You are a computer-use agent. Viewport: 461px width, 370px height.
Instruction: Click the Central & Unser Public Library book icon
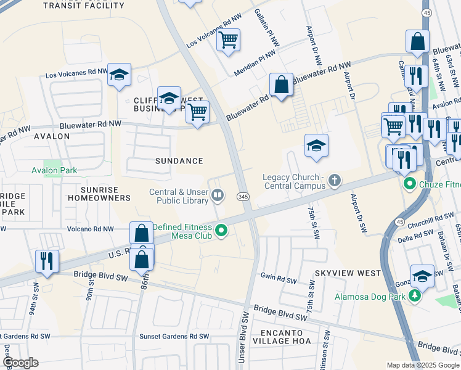click(x=217, y=196)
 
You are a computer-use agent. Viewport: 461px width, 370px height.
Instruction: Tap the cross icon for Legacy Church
click(x=334, y=181)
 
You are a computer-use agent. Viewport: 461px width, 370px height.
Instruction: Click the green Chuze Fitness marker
click(x=408, y=184)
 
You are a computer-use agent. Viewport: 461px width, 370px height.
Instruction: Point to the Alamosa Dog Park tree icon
click(x=415, y=297)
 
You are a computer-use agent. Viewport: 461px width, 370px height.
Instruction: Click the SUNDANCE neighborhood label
click(x=179, y=161)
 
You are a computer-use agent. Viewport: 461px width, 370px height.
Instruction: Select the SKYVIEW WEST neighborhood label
click(x=339, y=273)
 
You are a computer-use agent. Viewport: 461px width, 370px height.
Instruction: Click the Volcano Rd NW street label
click(x=91, y=229)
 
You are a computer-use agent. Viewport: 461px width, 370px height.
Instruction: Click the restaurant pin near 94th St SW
click(x=47, y=261)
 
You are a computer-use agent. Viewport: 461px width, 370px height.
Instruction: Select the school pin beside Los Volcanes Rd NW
click(x=119, y=75)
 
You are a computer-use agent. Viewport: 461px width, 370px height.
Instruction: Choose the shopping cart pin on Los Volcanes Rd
click(x=228, y=40)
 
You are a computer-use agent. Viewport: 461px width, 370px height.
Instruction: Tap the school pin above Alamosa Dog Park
click(x=422, y=275)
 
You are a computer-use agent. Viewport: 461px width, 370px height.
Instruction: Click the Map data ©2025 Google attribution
click(x=422, y=365)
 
